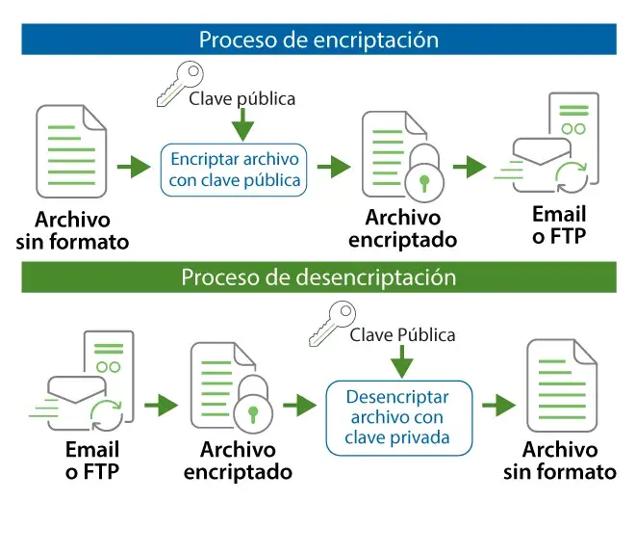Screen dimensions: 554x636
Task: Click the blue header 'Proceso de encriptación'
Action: click(318, 40)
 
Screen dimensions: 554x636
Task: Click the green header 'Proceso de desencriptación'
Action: click(318, 277)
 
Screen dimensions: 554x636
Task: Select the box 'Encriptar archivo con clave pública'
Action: click(235, 170)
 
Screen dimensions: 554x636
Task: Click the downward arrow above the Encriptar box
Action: click(243, 125)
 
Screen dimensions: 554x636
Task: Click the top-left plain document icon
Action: click(72, 152)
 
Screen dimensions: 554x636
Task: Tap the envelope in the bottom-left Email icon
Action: click(77, 395)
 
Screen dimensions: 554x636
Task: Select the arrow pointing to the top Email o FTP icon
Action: click(469, 167)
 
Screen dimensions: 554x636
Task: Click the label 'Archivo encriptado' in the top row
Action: click(403, 229)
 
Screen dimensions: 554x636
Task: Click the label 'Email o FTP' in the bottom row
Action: click(92, 461)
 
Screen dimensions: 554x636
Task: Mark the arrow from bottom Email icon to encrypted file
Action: click(162, 406)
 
